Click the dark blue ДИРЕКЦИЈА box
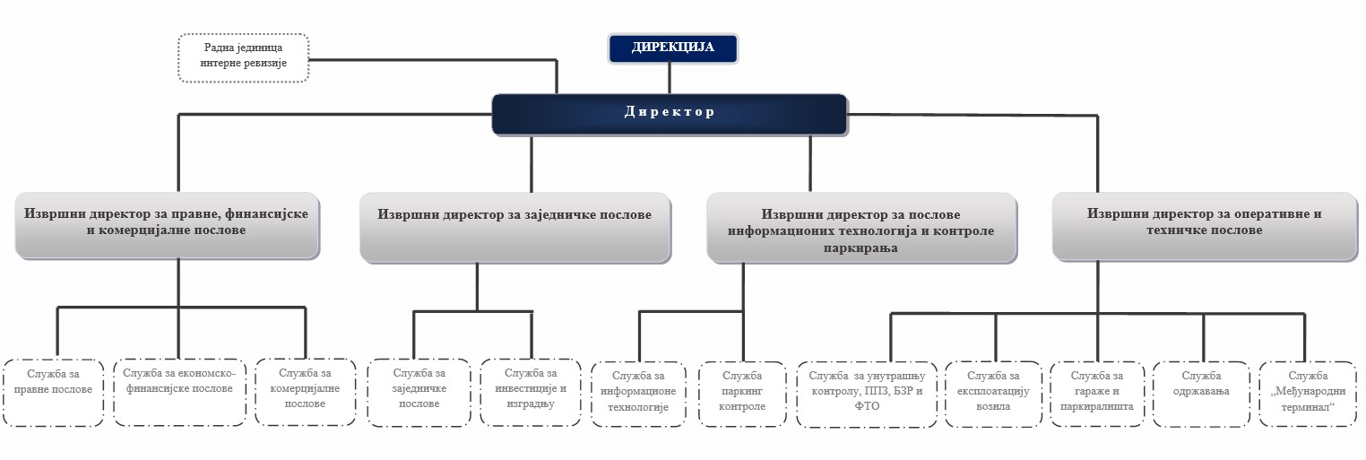[672, 48]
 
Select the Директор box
[670, 114]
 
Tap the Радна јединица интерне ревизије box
[243, 58]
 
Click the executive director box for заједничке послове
[515, 228]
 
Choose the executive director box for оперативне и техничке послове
[1205, 227]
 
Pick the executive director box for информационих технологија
[861, 228]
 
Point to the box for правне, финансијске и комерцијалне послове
[167, 226]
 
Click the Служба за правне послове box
[53, 392]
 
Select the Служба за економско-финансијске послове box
[179, 392]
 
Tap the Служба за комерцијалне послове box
[305, 392]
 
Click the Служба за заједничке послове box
[419, 392]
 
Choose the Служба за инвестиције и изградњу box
[531, 392]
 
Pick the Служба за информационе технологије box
[638, 395]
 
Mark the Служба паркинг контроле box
[742, 395]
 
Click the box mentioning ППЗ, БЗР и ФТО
[867, 395]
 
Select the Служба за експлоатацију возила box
[993, 395]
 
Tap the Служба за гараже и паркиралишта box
[1097, 395]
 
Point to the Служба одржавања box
[1201, 395]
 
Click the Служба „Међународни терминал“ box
[1308, 395]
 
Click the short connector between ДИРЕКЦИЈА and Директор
[670, 79]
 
